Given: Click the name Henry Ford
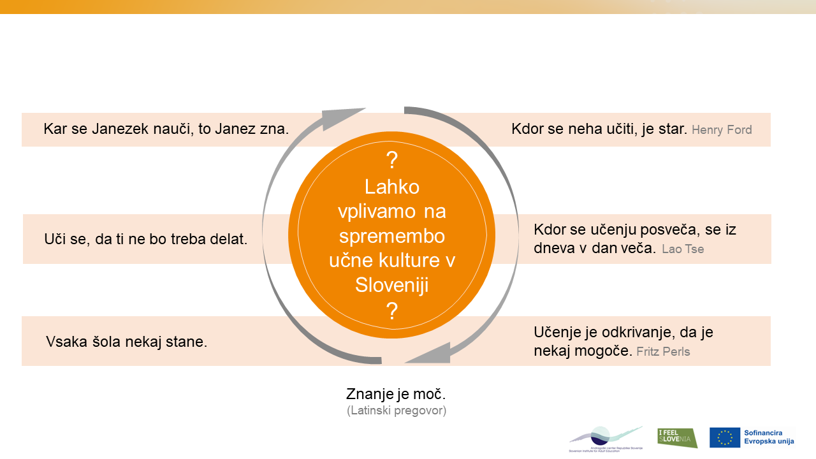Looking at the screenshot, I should click(x=722, y=130).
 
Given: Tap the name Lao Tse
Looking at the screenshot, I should click(x=683, y=249).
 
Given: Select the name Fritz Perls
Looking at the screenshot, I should click(x=663, y=351).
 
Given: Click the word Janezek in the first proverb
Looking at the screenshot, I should click(x=119, y=129).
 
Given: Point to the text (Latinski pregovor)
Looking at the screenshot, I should click(x=397, y=411).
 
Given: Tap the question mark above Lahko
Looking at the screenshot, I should click(x=392, y=160).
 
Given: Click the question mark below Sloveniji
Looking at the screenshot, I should click(x=392, y=311).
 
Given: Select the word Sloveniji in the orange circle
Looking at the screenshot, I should click(x=392, y=285).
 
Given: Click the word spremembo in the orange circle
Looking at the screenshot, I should click(x=392, y=236).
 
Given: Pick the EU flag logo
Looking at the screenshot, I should click(x=725, y=437).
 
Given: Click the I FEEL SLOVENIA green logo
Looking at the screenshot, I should click(x=677, y=437).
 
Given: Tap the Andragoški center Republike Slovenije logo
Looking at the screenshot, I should click(x=606, y=439).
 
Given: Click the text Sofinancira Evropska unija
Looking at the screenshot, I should click(x=769, y=437).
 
